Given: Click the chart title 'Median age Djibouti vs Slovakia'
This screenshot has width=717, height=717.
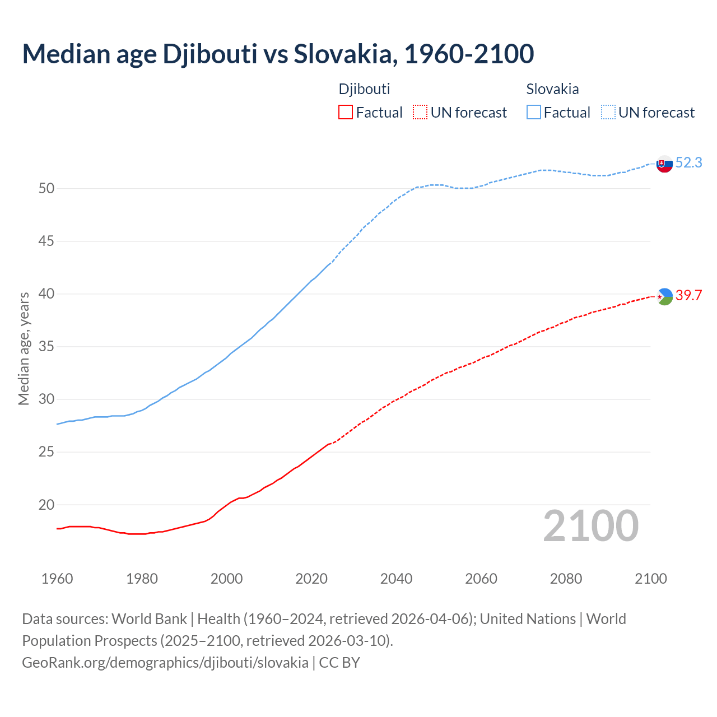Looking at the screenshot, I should click(278, 54).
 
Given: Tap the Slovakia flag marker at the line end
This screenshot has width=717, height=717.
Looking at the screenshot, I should click(664, 164).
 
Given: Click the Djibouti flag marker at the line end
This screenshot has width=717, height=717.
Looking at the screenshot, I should click(664, 296).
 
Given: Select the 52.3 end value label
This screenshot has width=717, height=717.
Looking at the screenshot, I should click(688, 162).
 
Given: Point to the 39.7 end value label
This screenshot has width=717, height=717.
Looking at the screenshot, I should click(688, 295).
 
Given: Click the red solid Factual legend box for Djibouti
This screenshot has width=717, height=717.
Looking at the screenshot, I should click(346, 112).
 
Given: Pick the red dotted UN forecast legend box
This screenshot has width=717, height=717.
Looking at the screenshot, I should click(420, 112).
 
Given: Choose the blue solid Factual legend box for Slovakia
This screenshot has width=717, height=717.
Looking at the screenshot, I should click(534, 112).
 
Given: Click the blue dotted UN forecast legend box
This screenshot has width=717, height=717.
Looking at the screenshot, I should click(608, 112).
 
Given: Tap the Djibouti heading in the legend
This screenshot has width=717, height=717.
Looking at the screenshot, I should click(364, 89).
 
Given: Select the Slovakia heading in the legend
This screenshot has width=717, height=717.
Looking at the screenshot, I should click(552, 89).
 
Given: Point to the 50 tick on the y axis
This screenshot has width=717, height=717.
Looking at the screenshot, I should click(46, 189).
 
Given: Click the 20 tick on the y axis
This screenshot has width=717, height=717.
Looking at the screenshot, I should click(46, 505).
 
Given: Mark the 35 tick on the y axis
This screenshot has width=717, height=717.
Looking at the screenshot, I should click(46, 347).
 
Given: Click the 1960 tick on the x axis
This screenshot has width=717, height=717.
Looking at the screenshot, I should click(57, 579).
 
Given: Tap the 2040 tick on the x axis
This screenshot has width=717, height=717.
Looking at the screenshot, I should click(396, 579).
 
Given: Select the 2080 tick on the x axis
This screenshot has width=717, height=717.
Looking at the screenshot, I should click(566, 579).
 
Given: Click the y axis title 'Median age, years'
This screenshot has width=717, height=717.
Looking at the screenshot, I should click(24, 348).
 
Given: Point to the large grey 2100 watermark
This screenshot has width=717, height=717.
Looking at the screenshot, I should click(591, 525).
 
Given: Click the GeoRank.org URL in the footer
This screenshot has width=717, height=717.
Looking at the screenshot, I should click(165, 662).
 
